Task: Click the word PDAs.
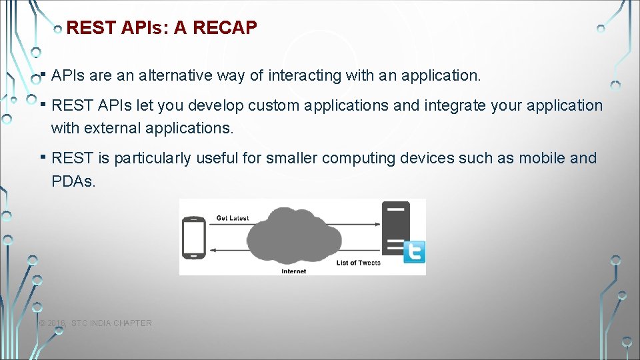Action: click(73, 181)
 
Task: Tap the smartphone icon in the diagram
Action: click(194, 237)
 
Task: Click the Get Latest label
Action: click(232, 218)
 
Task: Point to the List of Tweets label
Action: click(358, 263)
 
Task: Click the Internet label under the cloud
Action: click(293, 271)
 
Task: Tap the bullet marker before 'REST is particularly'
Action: click(42, 157)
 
